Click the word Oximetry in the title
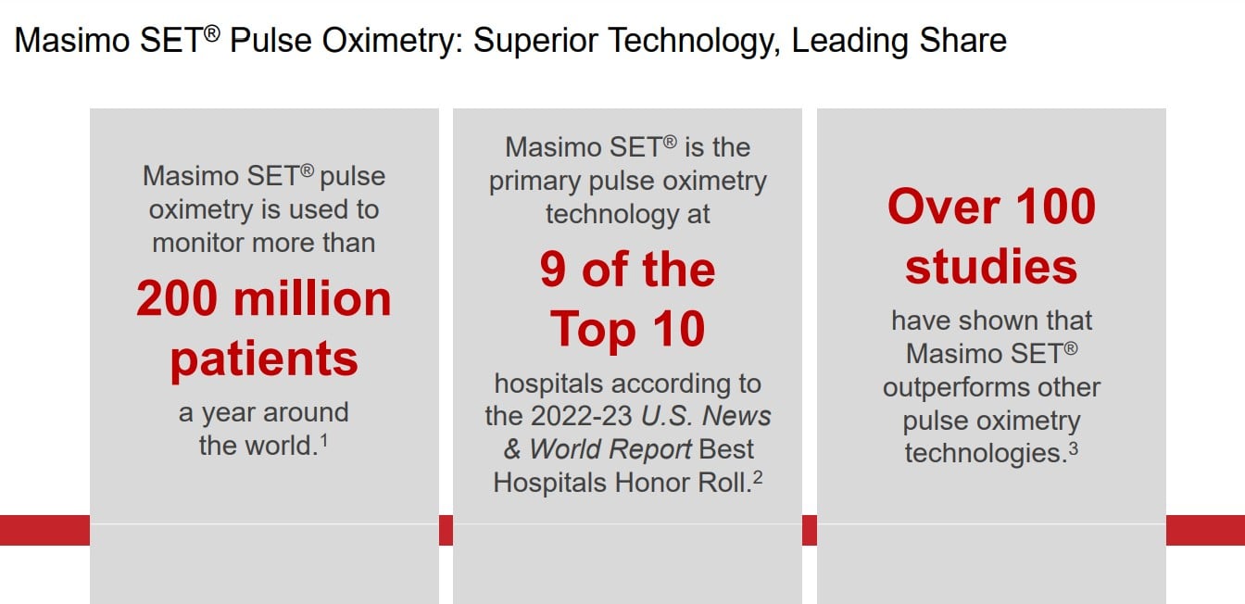(393, 42)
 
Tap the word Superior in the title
(534, 42)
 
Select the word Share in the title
(962, 41)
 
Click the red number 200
(177, 298)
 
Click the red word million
(312, 298)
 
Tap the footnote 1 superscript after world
(324, 441)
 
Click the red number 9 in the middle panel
(553, 270)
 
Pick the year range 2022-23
(582, 416)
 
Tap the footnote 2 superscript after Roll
(758, 477)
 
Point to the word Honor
(652, 483)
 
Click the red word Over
(944, 207)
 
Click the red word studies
(991, 267)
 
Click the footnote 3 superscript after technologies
(1074, 448)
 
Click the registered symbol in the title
(212, 34)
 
